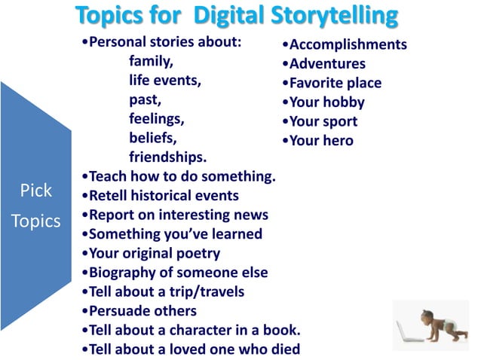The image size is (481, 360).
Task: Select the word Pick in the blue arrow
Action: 35,191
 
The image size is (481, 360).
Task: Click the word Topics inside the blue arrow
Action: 35,222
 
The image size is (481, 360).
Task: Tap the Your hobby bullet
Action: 322,102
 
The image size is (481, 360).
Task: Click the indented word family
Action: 152,62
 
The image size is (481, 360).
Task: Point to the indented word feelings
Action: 157,119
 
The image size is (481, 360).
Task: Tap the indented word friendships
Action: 167,157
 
